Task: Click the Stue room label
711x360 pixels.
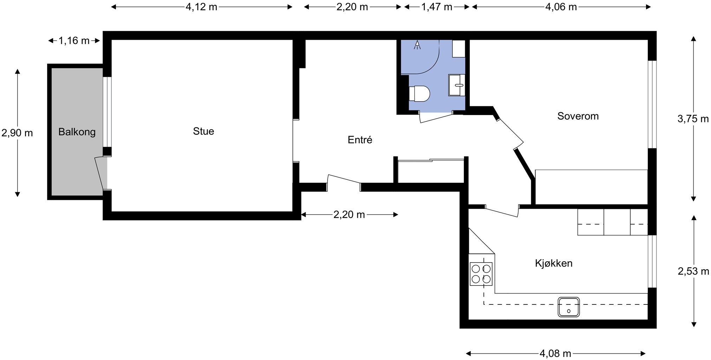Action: pos(203,131)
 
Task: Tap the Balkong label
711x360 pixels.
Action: pos(77,132)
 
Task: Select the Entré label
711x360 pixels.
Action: pos(360,140)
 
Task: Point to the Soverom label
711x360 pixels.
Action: pos(578,116)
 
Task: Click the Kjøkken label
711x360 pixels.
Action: pos(554,263)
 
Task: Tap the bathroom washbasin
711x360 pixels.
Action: pos(457,85)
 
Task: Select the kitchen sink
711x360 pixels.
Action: pos(568,307)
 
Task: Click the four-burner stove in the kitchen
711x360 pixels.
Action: pos(481,274)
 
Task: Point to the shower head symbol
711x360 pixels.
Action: pos(417,45)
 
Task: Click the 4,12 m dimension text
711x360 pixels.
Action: pos(201,7)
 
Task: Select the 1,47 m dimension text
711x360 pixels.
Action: pos(437,7)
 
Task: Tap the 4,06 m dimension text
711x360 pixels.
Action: pos(561,7)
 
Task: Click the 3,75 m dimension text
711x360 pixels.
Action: pos(693,119)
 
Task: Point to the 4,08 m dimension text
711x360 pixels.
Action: pos(555,353)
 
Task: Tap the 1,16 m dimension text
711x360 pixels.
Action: pos(74,41)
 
